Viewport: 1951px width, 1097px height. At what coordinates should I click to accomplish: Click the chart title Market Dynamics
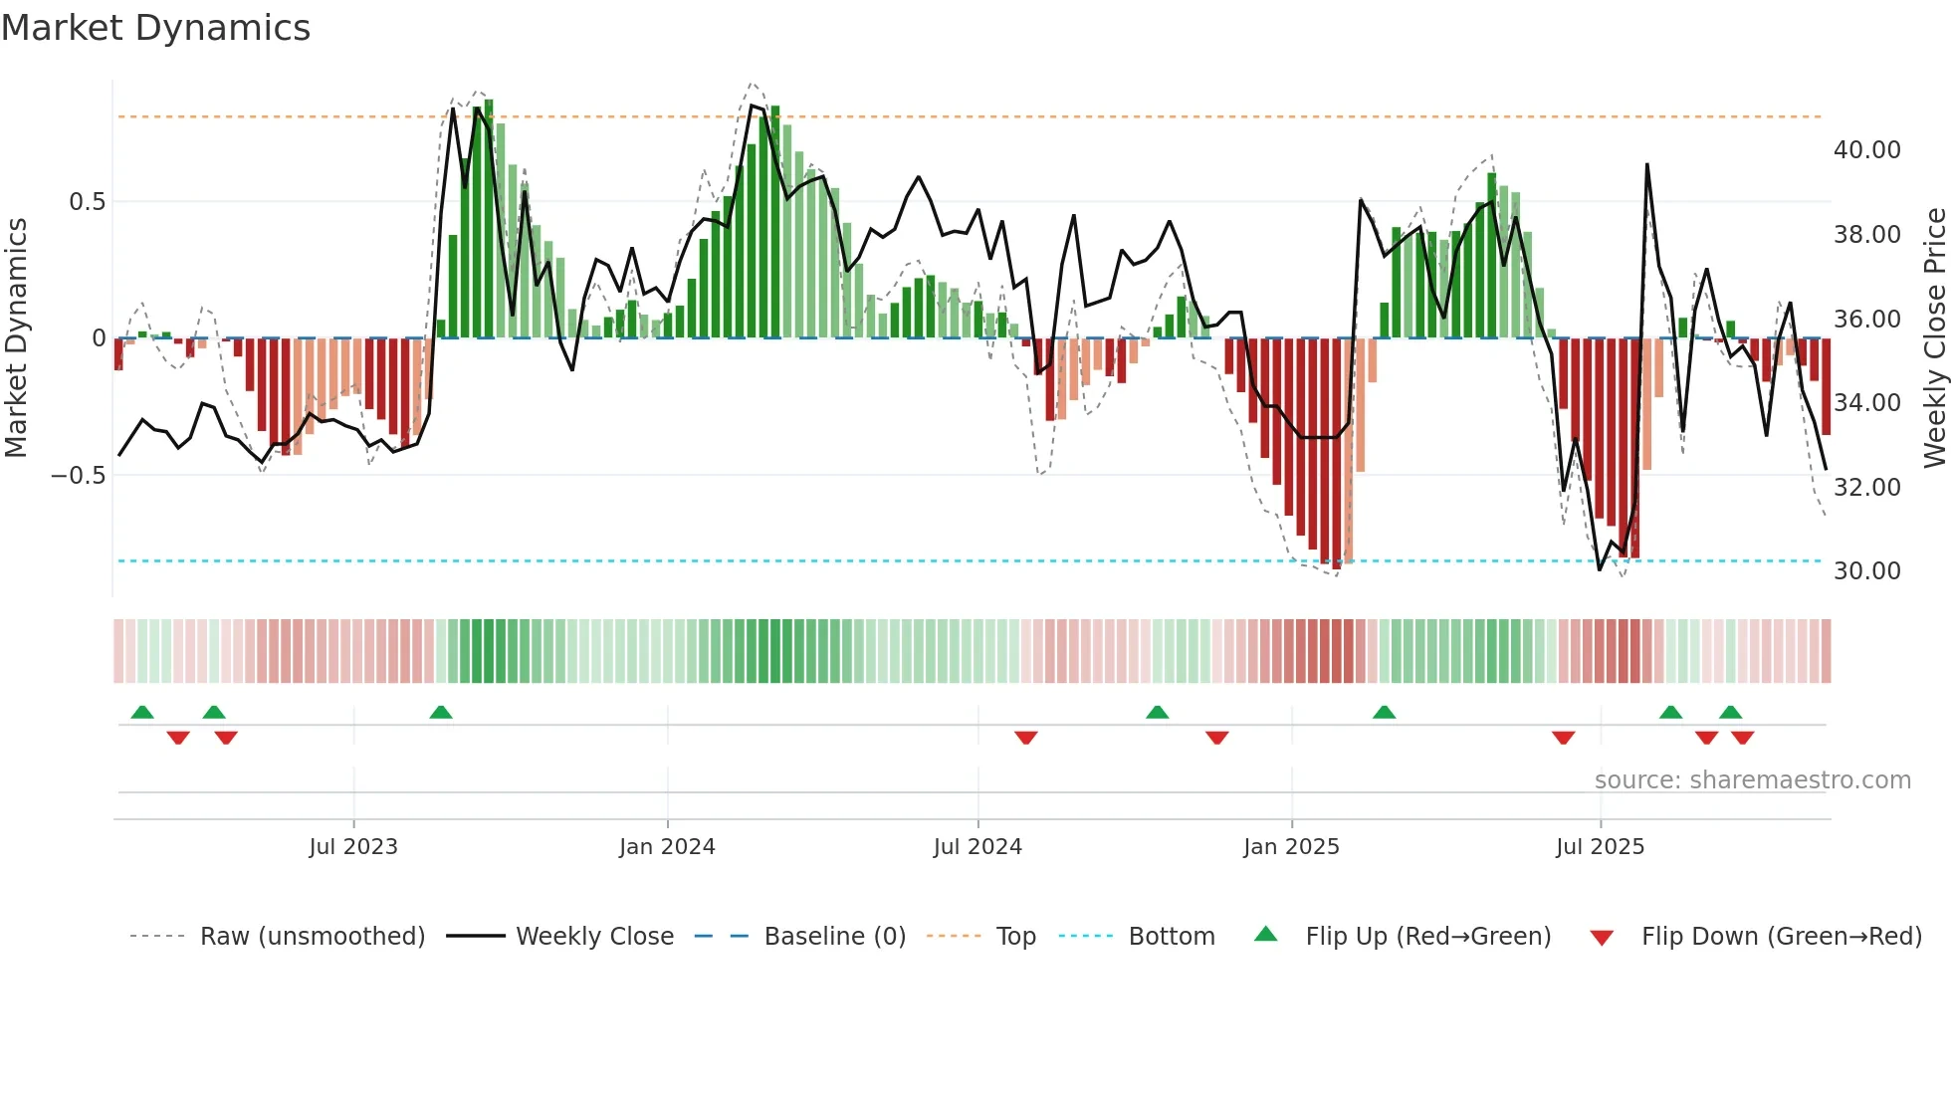tap(156, 28)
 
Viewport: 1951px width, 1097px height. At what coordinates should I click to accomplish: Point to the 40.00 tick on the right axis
tap(1866, 150)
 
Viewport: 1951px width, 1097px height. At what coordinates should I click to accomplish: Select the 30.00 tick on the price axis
tap(1866, 571)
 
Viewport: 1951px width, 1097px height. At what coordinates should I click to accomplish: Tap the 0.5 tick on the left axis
tap(87, 202)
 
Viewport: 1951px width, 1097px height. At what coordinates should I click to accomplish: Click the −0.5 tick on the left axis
tap(79, 476)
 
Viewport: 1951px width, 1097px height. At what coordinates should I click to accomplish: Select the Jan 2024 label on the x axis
tap(667, 847)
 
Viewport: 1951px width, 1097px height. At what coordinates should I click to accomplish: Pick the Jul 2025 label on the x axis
tap(1600, 847)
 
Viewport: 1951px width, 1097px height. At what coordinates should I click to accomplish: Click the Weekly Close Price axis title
tap(1934, 338)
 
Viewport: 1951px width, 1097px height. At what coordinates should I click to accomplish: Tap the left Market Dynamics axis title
tap(16, 338)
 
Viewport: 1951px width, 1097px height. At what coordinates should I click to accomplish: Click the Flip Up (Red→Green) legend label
tap(1427, 937)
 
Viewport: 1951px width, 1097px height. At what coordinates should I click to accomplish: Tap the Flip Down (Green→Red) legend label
tap(1781, 937)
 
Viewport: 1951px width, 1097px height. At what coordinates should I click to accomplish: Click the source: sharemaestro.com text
tap(1752, 780)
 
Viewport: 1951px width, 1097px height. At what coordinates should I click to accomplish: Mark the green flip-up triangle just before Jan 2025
tap(1157, 713)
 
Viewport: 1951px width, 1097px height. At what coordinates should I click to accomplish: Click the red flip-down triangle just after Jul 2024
tap(1026, 738)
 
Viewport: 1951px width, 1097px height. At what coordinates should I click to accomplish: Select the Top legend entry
tap(1015, 937)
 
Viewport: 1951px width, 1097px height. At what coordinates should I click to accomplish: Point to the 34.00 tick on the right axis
tap(1866, 403)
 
